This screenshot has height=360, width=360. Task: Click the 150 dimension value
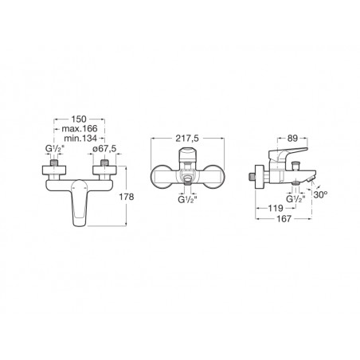click(x=79, y=119)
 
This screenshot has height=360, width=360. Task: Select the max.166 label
click(x=80, y=129)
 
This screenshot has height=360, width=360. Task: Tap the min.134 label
click(x=80, y=139)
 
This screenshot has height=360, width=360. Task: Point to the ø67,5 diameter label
click(x=104, y=149)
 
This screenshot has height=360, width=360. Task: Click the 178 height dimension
click(x=127, y=197)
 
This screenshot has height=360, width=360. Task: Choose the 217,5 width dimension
click(x=187, y=139)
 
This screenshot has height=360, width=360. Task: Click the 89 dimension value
click(x=293, y=138)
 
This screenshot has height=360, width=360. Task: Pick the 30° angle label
click(x=320, y=194)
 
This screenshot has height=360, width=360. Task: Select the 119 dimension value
click(x=276, y=208)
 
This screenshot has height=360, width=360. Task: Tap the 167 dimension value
click(x=284, y=219)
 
